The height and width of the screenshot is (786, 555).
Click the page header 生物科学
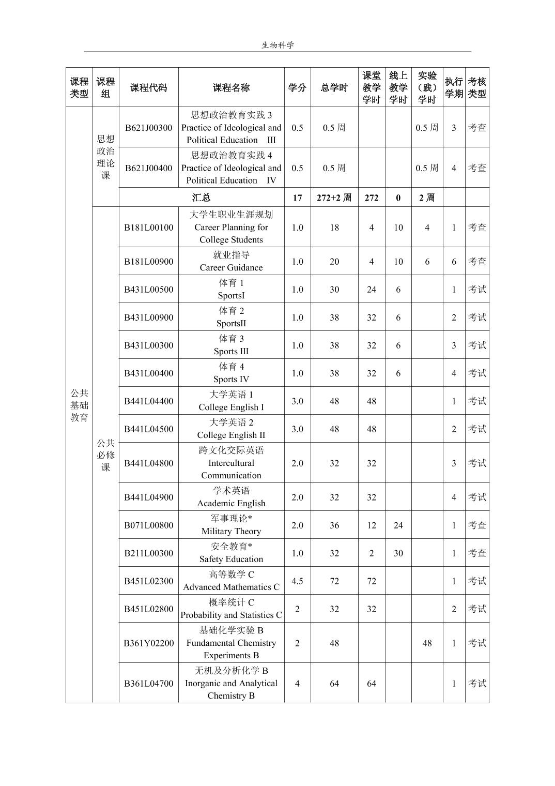tap(277, 45)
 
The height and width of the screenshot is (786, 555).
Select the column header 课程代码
tap(148, 88)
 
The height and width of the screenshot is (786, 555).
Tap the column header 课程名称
tap(231, 88)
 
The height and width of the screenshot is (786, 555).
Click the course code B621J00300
tap(148, 128)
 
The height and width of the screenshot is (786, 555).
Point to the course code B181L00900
tap(148, 262)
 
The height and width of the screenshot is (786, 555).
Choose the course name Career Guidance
tap(231, 267)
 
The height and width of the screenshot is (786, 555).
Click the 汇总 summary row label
tap(201, 198)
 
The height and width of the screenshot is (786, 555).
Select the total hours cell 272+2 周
tap(334, 198)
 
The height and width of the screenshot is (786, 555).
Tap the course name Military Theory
tap(231, 531)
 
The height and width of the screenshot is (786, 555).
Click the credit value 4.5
tap(297, 581)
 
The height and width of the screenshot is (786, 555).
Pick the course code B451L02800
tap(148, 609)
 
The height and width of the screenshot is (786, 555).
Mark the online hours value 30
tap(398, 553)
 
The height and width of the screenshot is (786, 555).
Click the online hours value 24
tap(398, 525)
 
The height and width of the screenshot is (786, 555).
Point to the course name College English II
tap(231, 435)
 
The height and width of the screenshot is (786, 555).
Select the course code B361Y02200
tap(148, 643)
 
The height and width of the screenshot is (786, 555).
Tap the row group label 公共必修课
tap(105, 455)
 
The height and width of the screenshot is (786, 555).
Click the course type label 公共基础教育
tap(79, 405)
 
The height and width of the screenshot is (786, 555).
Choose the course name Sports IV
tap(231, 379)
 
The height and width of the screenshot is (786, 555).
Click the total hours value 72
tap(334, 581)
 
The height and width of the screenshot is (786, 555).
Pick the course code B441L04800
tap(148, 463)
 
